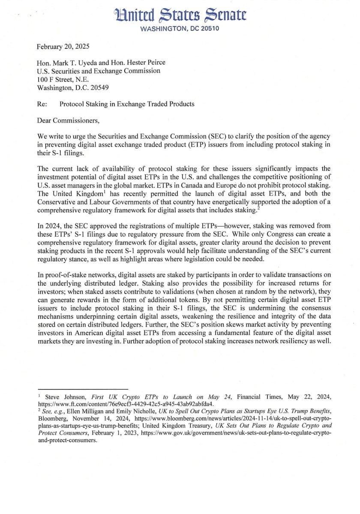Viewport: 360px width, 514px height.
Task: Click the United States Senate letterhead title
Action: pyautogui.click(x=181, y=16)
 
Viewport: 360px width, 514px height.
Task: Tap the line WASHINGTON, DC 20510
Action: pyautogui.click(x=180, y=29)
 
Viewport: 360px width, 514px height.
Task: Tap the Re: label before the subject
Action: pyautogui.click(x=42, y=104)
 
